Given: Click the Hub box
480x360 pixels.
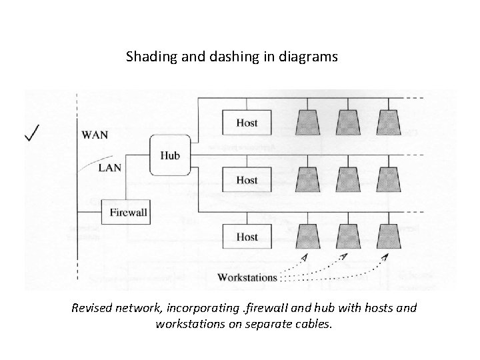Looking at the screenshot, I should [x=170, y=155].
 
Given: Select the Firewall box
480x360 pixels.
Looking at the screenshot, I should [x=125, y=213].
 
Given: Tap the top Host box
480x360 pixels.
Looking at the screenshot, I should [x=247, y=123].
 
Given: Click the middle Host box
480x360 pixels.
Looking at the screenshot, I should [x=247, y=180].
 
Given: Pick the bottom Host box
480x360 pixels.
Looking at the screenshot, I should [x=247, y=237].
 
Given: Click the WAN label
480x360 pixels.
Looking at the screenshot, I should [x=95, y=135].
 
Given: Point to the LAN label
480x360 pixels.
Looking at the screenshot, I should [x=109, y=167].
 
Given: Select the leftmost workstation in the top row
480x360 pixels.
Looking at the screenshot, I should [x=309, y=122].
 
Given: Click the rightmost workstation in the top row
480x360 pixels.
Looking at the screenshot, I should [x=387, y=122].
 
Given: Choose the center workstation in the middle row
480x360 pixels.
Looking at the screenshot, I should [x=348, y=179].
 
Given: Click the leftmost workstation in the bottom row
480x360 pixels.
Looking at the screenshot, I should [x=309, y=236].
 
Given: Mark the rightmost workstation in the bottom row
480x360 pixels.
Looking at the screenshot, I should [x=387, y=236].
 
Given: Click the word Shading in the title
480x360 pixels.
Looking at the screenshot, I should [x=149, y=57].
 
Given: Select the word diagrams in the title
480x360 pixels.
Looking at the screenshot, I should [x=311, y=57].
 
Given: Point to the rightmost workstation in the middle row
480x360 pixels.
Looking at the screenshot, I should [x=387, y=179].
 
